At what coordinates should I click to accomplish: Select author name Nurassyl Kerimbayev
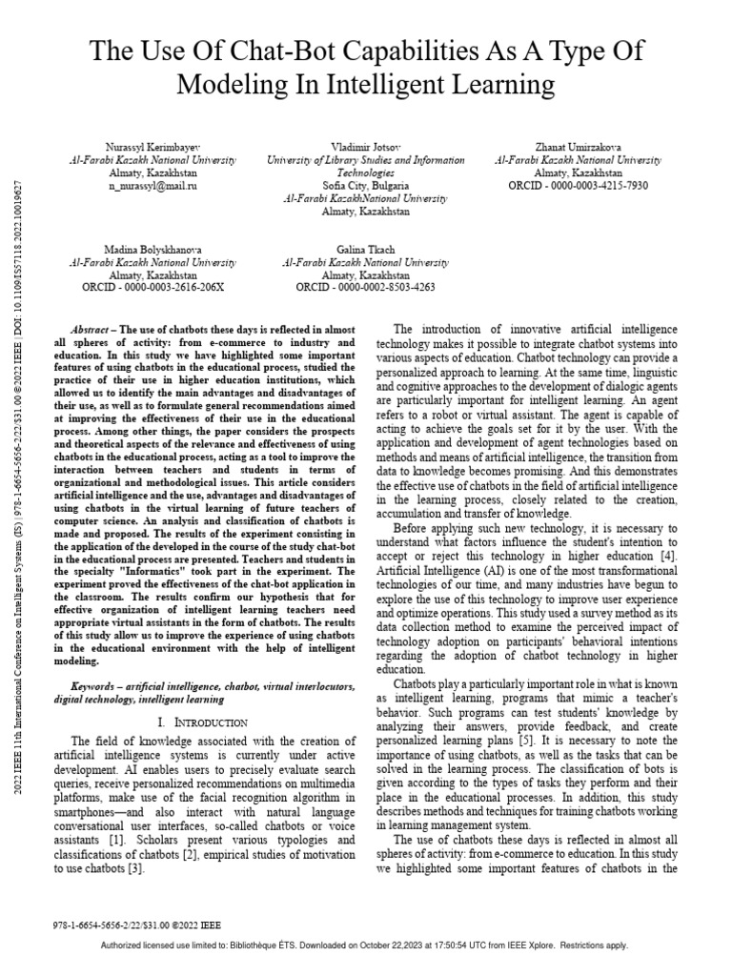click(x=152, y=148)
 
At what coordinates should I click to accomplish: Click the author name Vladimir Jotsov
click(x=365, y=148)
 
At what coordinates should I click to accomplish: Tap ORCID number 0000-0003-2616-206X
click(x=177, y=285)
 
